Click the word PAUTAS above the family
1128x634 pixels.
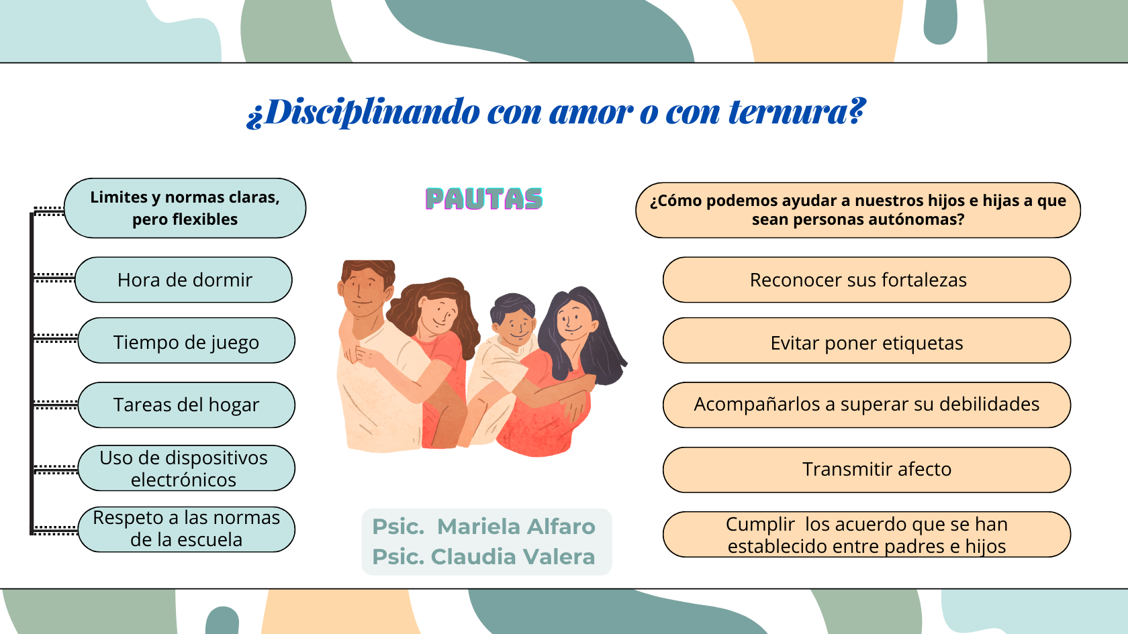point(484,199)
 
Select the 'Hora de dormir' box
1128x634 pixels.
point(184,280)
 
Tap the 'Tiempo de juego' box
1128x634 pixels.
point(187,341)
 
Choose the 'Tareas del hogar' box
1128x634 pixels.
point(187,405)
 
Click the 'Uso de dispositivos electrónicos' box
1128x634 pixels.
point(187,468)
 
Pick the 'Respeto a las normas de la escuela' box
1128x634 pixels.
point(187,529)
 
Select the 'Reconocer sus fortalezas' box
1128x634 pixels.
point(867,280)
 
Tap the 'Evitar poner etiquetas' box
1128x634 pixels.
point(867,341)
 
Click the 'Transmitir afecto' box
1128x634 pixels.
point(867,470)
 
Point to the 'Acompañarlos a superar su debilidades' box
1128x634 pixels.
point(867,405)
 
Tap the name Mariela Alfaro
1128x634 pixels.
point(516,527)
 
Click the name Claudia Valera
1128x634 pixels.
point(513,557)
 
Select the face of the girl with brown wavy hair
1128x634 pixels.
point(437,315)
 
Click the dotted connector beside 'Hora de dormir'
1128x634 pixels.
point(54,278)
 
